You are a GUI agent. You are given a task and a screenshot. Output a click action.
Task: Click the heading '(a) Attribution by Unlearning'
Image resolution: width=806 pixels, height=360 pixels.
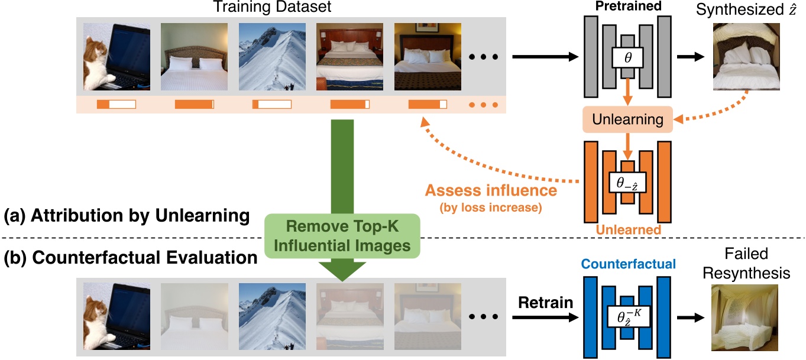[126, 216]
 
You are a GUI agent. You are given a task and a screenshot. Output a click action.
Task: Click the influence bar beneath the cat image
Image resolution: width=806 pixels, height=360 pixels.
[116, 105]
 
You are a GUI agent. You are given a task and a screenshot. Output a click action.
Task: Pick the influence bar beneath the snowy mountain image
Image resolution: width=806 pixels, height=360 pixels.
[271, 105]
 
